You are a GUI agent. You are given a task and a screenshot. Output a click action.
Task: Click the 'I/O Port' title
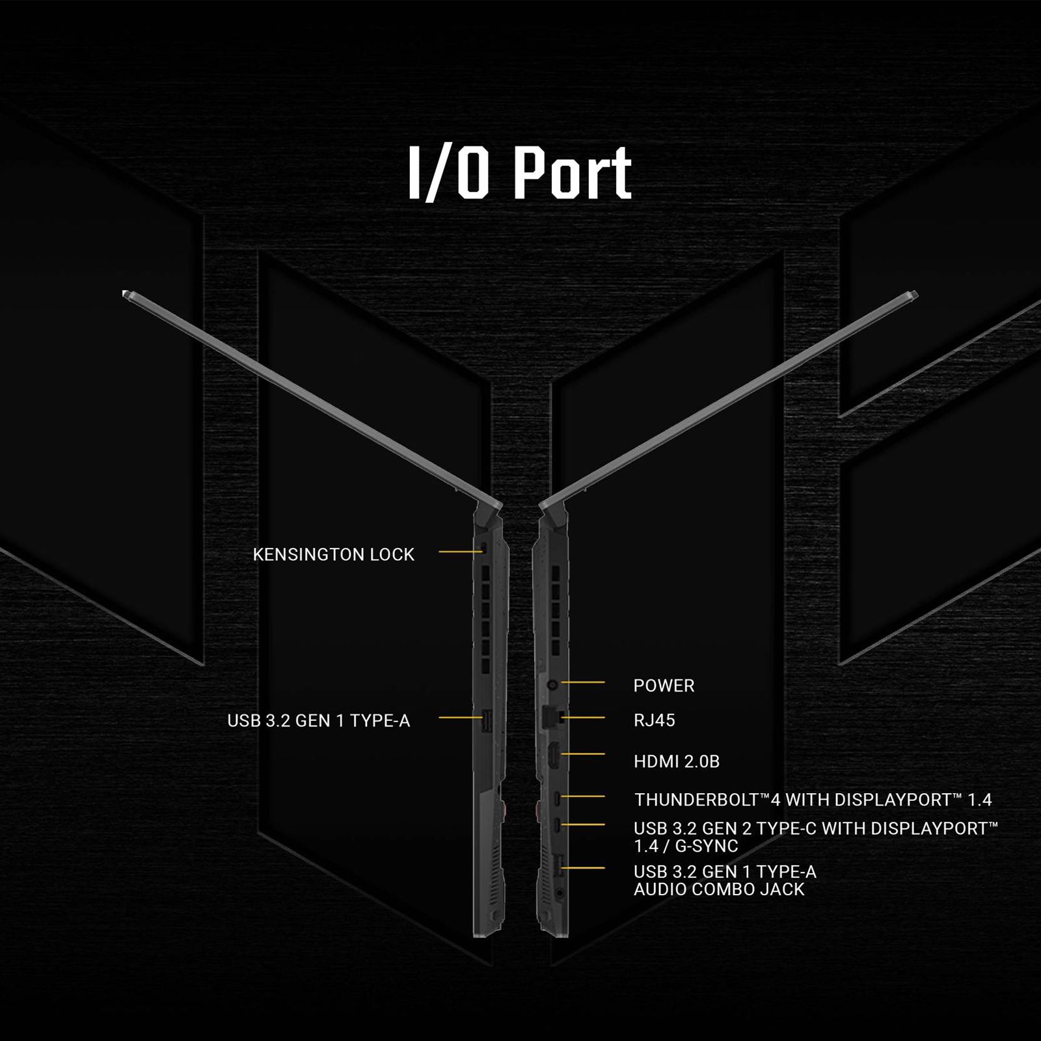point(520,172)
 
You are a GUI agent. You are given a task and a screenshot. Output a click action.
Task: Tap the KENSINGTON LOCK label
point(334,554)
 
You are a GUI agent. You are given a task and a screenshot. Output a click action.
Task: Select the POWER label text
point(664,686)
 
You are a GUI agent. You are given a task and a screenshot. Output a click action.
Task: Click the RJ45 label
point(654,720)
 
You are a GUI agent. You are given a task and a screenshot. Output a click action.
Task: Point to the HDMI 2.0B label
point(677,761)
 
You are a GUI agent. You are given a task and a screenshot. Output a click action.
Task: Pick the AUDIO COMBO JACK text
point(719,889)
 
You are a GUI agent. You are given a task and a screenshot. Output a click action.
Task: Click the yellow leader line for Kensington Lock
point(459,552)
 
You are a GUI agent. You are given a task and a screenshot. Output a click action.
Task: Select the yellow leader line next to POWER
point(583,683)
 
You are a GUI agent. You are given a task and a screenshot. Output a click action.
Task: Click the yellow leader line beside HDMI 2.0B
point(583,754)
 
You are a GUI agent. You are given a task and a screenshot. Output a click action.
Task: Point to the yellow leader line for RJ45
point(583,718)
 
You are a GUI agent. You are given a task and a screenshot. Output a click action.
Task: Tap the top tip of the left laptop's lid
point(124,293)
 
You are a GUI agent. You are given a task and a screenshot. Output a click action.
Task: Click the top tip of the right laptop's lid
point(915,293)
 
